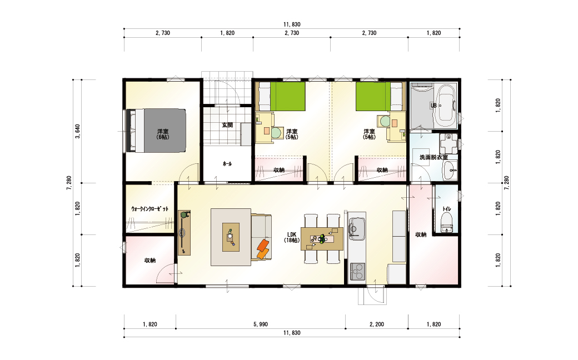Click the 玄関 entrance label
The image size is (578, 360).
point(227,125)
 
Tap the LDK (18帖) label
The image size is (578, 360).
point(292,237)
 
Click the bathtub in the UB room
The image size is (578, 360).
point(446,106)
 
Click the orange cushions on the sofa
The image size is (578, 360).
point(262,249)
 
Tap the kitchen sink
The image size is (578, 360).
point(356,227)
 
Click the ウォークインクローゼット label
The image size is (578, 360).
point(150,208)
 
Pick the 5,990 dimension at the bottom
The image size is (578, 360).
point(260,324)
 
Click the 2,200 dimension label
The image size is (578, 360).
point(376,324)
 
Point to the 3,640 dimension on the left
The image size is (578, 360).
point(77,131)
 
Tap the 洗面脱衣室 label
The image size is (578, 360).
point(433,157)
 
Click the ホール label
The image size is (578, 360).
point(227,163)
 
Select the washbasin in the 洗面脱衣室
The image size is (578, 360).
point(449,171)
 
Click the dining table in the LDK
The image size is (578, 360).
point(322,239)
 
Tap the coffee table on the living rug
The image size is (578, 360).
point(231,237)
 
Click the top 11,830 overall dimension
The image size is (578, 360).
point(292,24)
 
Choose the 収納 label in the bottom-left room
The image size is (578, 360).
point(150,261)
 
